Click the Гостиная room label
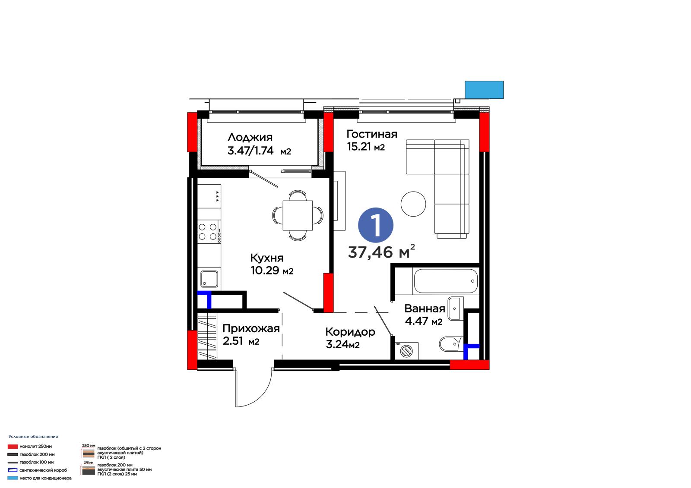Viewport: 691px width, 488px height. (x=372, y=134)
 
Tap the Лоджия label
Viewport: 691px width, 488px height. (x=250, y=138)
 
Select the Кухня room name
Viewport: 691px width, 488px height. (x=267, y=258)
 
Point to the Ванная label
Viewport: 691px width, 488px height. (x=425, y=308)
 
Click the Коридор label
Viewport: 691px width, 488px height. (x=350, y=332)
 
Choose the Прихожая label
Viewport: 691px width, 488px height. (x=251, y=329)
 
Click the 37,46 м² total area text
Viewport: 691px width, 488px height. (x=381, y=252)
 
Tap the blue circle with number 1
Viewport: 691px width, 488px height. (x=376, y=225)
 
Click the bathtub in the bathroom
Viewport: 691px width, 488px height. (x=446, y=281)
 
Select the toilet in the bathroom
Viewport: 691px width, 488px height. (x=451, y=343)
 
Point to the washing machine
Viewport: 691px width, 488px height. (x=406, y=351)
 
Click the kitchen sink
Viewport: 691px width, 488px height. (x=209, y=279)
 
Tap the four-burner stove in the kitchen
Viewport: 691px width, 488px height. (x=209, y=232)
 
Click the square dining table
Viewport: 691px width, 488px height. (x=298, y=215)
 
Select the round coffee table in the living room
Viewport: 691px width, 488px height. (x=413, y=204)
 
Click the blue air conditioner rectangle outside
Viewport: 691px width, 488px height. (x=484, y=90)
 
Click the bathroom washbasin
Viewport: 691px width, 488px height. (x=456, y=308)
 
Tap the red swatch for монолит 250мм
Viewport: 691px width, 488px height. (x=13, y=447)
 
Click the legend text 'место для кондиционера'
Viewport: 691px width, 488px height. (x=45, y=478)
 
